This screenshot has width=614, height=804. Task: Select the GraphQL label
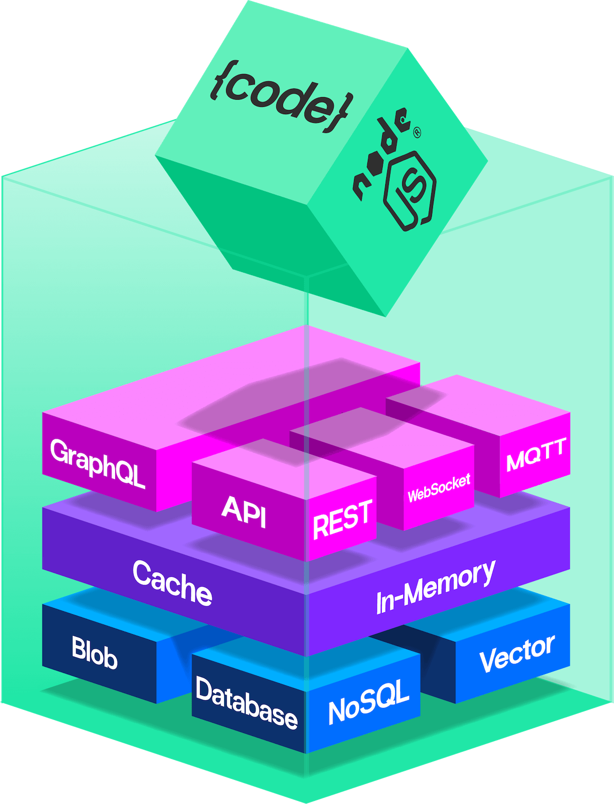click(97, 463)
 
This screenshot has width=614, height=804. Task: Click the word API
click(244, 511)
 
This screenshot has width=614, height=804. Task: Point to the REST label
click(342, 519)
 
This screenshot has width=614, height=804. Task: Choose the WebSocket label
click(439, 488)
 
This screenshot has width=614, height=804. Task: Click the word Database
click(246, 703)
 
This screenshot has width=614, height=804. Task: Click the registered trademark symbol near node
click(416, 132)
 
